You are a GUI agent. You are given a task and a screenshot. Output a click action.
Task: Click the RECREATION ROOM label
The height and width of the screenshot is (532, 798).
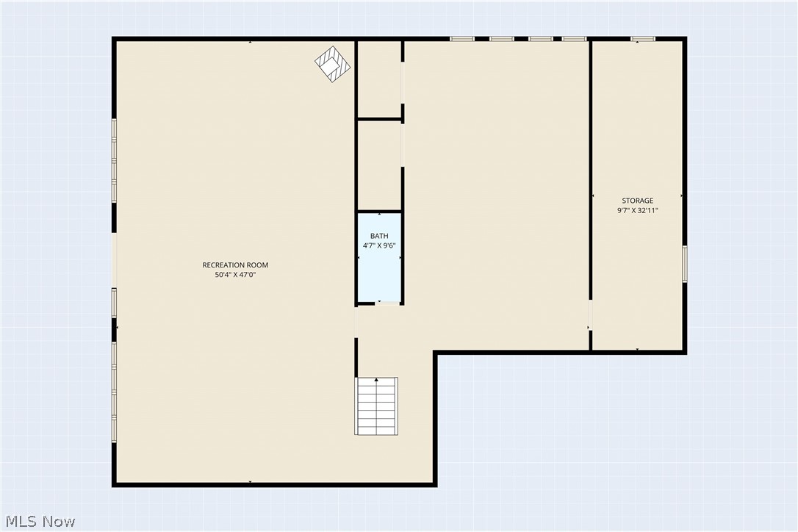point(235,265)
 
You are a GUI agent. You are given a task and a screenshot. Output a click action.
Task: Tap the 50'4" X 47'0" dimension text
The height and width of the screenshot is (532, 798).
point(235,275)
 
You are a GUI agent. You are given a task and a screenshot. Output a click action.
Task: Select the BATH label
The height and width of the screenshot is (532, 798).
point(379,236)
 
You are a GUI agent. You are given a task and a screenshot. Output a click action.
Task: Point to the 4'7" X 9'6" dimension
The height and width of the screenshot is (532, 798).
point(379,245)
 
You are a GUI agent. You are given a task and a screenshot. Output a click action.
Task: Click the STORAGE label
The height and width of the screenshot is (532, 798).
point(637,201)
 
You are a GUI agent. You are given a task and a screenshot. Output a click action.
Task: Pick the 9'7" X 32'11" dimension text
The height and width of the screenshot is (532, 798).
point(638,210)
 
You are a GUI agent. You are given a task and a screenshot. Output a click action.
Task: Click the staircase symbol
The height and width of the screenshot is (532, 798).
point(376,406)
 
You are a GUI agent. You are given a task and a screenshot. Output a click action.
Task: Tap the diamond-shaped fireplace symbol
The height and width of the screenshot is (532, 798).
point(334,64)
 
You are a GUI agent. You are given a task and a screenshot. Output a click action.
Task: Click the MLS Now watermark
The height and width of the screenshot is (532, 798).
point(40,521)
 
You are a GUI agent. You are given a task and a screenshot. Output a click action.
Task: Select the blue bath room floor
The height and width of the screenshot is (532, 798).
point(379,258)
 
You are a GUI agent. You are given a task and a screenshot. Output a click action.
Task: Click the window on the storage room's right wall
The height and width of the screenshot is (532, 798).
point(685,264)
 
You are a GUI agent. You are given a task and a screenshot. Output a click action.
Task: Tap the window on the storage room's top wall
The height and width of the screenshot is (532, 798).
point(643,39)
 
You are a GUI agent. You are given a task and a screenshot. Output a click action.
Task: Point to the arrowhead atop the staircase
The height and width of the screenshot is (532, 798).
point(377,380)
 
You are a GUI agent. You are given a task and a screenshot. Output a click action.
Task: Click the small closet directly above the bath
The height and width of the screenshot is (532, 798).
point(379,165)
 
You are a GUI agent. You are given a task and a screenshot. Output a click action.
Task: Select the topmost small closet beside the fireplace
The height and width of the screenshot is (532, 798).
point(379,79)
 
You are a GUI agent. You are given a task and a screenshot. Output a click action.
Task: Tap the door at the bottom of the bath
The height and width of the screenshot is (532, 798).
point(387,303)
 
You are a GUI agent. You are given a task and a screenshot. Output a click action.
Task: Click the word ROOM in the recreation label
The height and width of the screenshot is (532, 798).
point(257,265)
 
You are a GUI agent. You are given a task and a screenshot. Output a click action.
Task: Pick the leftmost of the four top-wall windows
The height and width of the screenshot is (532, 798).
point(462,39)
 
